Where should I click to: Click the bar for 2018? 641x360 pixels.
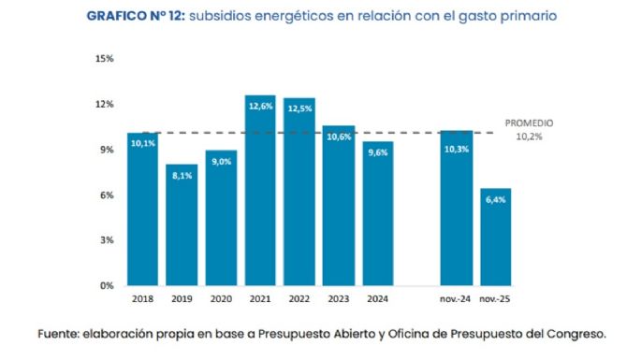pos(142,209)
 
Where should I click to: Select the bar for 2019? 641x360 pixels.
pos(182,224)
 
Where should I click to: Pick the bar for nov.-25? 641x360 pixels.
pos(495,238)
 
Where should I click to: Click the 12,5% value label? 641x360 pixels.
pos(299,108)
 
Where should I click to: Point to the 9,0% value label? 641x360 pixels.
pos(221,162)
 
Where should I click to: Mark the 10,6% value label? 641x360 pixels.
pos(338,137)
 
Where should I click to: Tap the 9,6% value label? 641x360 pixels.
pos(377,152)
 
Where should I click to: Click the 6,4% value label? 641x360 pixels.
pos(495,200)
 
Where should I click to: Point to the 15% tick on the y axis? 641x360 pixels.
pos(104,58)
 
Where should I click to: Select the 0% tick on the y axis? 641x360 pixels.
pos(106,286)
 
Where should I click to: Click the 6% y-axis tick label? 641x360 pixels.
pos(106,195)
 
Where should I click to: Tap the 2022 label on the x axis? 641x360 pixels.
pos(299,301)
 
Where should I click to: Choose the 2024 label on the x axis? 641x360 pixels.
pos(377,301)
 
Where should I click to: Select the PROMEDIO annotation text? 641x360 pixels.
pos(530,122)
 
